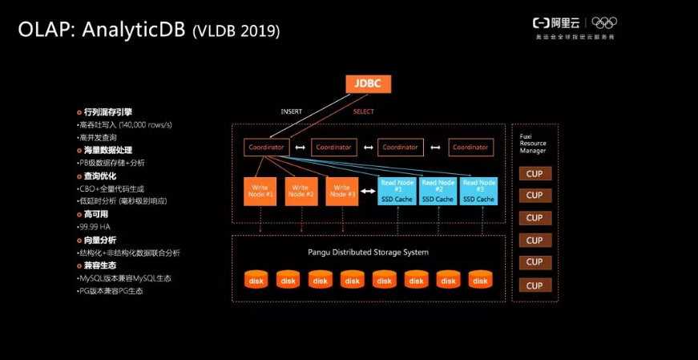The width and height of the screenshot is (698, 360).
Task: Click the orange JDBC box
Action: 368,83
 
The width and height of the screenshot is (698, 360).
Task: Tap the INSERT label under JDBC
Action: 291,111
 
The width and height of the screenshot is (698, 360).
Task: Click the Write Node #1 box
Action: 260,191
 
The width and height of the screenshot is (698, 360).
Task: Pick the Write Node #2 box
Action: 301,191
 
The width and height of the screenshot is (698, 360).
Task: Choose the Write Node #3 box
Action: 342,191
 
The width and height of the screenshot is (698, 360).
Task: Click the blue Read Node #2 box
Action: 438,191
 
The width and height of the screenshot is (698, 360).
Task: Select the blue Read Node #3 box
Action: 478,191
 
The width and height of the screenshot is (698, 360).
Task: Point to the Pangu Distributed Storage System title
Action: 368,252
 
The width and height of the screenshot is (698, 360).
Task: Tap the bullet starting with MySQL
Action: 123,278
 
